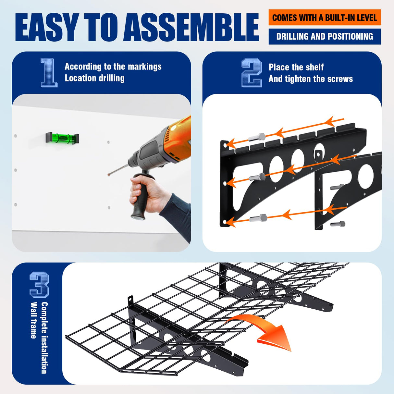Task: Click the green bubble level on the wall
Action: [x=62, y=138]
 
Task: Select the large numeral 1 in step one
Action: [x=49, y=73]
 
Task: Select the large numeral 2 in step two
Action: [x=252, y=73]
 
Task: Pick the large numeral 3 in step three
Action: [x=39, y=285]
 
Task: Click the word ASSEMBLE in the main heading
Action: [x=191, y=27]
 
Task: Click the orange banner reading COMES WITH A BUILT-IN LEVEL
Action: [x=325, y=18]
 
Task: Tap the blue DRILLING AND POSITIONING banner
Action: [x=325, y=36]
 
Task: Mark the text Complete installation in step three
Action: [x=44, y=338]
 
